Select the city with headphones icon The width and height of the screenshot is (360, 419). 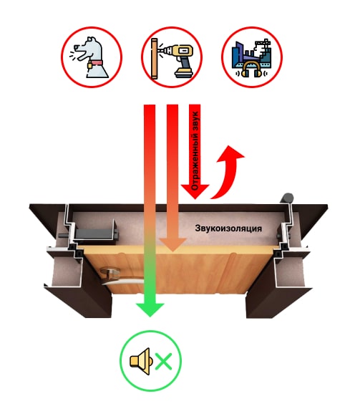click(252, 57)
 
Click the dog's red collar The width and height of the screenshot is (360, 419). click(96, 63)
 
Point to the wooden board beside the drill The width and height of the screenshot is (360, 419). click(154, 59)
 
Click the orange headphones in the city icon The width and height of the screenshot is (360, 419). click(252, 69)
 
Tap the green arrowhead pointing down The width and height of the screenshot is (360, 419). click(150, 310)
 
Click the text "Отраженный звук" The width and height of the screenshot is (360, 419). click(195, 150)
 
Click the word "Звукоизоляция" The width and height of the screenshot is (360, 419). click(228, 228)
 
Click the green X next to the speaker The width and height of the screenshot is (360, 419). click(163, 362)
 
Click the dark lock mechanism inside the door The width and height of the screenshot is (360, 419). click(94, 231)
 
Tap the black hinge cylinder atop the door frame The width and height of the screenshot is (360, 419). click(286, 198)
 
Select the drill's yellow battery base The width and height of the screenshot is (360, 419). click(184, 72)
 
